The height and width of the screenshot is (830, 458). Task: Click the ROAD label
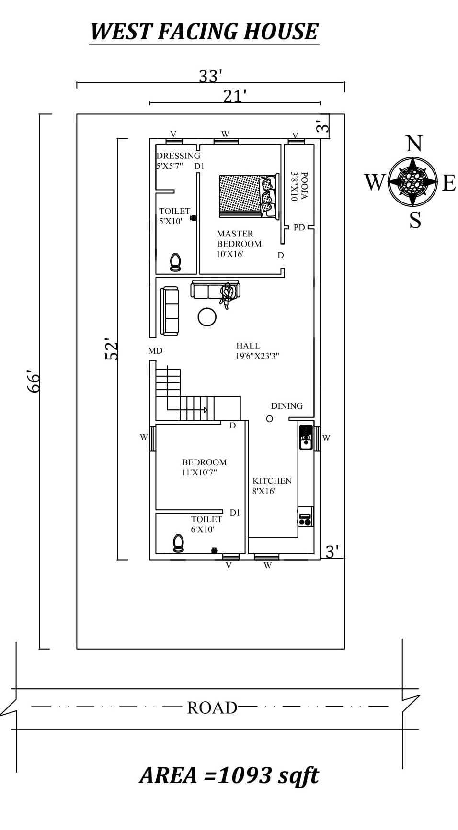212,707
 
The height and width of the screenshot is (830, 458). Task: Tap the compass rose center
412,181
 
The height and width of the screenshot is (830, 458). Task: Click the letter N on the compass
414,144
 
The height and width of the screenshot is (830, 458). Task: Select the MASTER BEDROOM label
239,244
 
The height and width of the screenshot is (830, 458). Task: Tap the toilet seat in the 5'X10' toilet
175,262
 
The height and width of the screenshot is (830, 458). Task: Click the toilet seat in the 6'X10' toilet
178,543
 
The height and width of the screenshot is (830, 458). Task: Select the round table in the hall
207,316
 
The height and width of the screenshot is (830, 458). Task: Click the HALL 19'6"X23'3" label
257,351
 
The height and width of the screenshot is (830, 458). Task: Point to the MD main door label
155,351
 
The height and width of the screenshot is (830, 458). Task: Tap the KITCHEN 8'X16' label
272,485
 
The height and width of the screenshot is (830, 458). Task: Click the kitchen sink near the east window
305,438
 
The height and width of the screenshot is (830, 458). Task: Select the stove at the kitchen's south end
305,519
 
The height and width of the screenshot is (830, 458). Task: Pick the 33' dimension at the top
210,76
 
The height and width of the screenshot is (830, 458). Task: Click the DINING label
286,406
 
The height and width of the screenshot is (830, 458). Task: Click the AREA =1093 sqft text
229,775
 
